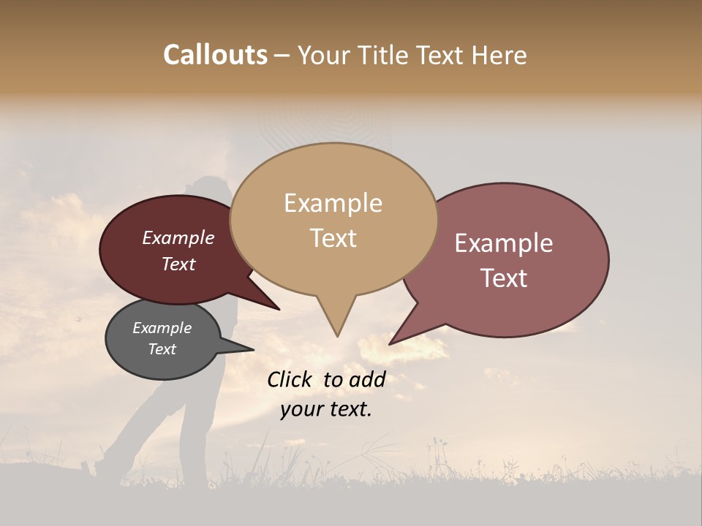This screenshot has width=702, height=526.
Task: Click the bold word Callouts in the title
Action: (216, 55)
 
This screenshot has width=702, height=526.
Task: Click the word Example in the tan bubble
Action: (333, 203)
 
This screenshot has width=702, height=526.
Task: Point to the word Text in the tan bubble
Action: (333, 237)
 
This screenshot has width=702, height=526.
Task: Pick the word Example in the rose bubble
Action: (504, 243)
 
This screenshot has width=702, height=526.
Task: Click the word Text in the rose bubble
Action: (504, 278)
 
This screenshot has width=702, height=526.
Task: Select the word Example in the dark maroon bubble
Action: (178, 237)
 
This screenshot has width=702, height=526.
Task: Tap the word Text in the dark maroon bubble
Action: (178, 264)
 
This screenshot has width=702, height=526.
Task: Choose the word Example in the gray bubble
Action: (162, 328)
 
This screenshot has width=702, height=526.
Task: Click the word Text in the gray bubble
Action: (162, 349)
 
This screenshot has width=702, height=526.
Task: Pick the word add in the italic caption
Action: (367, 379)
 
